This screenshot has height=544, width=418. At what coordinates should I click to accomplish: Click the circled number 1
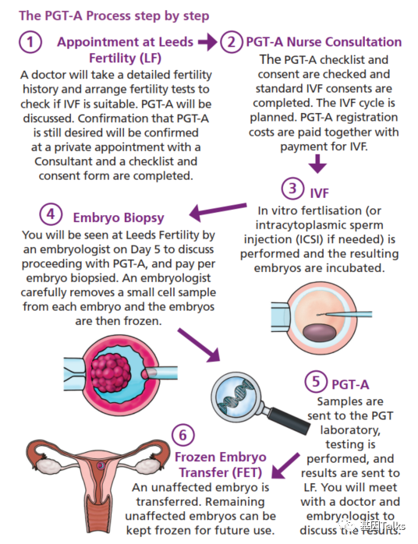(30, 42)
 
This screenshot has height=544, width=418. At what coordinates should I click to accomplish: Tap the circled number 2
(231, 42)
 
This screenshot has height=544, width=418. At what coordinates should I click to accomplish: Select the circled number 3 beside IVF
(292, 189)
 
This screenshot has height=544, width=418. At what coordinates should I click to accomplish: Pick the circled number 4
(51, 214)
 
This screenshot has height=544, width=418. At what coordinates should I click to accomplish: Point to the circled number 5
(316, 381)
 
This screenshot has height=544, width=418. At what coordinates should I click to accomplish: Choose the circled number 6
(183, 435)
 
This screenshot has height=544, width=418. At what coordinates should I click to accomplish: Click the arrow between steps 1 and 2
(207, 42)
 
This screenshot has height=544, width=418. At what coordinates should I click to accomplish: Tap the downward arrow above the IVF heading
(317, 164)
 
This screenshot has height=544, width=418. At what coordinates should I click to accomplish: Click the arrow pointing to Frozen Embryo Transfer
(285, 465)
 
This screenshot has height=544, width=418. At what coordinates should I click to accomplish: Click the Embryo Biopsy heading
(119, 218)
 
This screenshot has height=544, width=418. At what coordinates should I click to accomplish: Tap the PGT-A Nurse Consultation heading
(324, 42)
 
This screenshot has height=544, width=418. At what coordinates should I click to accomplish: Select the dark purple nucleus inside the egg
(320, 332)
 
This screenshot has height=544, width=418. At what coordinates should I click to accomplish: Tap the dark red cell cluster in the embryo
(111, 373)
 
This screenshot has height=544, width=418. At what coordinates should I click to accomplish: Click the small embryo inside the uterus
(101, 465)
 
